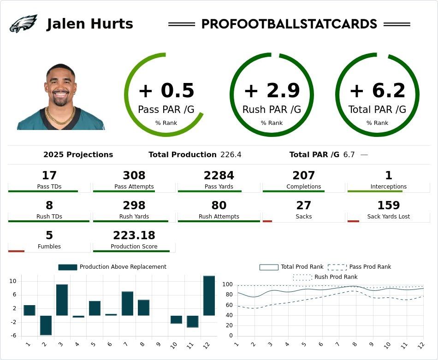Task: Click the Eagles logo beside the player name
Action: point(23,24)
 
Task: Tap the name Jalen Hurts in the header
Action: point(90,24)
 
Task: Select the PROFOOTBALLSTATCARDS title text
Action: point(289,24)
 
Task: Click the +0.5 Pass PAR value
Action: point(166,91)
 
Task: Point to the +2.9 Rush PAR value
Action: point(272,91)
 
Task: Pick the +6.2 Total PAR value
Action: point(377,91)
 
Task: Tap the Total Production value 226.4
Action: point(231,155)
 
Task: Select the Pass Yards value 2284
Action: point(219,176)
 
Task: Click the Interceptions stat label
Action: point(389,187)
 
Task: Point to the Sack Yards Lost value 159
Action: point(389,206)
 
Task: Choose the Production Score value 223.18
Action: point(134,236)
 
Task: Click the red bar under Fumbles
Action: point(16,251)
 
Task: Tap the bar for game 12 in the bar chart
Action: point(209,295)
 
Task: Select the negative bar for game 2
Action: point(46,325)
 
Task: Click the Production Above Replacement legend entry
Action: point(112,267)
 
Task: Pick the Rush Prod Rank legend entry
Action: point(326,277)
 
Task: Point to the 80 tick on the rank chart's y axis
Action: point(228,305)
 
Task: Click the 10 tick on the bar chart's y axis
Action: point(12,281)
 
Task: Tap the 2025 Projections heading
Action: point(78,155)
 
